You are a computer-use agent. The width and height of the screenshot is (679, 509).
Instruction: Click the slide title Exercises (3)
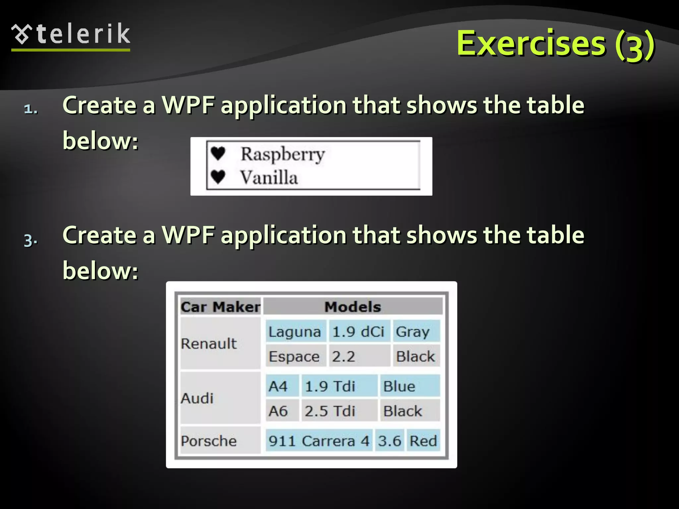click(555, 44)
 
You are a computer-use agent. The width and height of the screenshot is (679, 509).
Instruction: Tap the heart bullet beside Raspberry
click(218, 153)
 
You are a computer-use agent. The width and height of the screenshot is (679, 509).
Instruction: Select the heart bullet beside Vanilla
click(218, 177)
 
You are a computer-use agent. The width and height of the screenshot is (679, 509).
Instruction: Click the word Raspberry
click(282, 154)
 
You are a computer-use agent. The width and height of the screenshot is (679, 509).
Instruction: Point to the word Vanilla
click(269, 177)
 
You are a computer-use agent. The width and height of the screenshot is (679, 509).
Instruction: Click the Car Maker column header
click(220, 307)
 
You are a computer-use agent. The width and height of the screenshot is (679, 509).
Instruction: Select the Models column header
click(352, 307)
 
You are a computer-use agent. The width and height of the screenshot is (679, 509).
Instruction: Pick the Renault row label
click(209, 343)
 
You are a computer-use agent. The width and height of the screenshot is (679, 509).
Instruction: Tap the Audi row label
click(197, 398)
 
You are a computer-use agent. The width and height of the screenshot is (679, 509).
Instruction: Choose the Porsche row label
click(209, 441)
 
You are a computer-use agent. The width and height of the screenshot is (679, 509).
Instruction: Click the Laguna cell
click(295, 331)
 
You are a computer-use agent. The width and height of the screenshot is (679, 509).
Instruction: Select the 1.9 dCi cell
click(358, 331)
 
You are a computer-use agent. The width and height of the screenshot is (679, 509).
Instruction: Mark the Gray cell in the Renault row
click(413, 331)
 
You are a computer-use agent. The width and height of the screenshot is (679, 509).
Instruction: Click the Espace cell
click(294, 356)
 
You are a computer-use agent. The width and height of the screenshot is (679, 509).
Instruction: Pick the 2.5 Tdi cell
click(330, 411)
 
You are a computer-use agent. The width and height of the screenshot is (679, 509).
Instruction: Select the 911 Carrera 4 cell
click(319, 441)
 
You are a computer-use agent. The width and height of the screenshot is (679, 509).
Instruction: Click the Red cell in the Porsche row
click(423, 441)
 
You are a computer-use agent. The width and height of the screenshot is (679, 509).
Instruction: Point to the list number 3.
click(31, 240)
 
